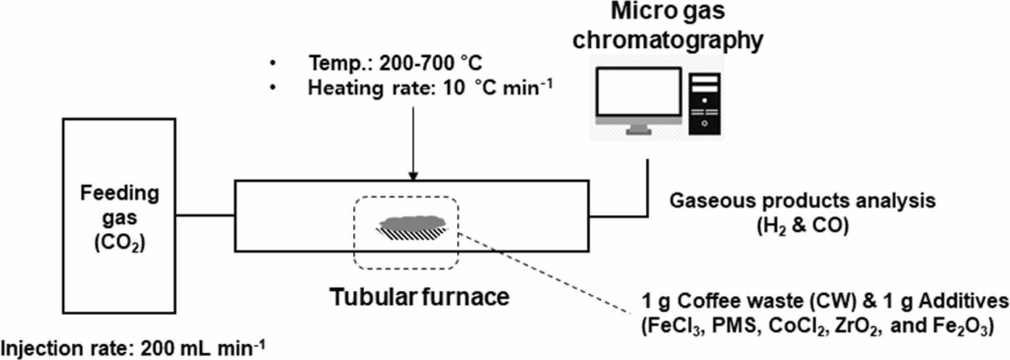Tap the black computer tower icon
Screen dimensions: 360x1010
pos(704,104)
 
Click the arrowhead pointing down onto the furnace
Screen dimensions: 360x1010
pos(413,176)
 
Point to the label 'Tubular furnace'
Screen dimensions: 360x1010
pos(419,297)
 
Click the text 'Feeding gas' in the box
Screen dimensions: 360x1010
pos(119,205)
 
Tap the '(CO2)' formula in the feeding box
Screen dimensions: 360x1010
pos(119,243)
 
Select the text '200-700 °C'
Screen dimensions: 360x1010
pos(430,63)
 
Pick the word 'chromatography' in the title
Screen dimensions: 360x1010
pos(667,40)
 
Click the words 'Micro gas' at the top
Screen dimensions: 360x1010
pos(667,11)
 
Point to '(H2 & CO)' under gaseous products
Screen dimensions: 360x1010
pos(802,225)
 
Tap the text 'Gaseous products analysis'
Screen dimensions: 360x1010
pos(802,200)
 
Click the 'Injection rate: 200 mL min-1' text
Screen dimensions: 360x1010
pos(133,349)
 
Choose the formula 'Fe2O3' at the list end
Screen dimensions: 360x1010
pos(960,327)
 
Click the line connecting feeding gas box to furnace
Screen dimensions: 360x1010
pos(205,216)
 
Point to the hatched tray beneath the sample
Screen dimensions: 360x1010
pos(411,234)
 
